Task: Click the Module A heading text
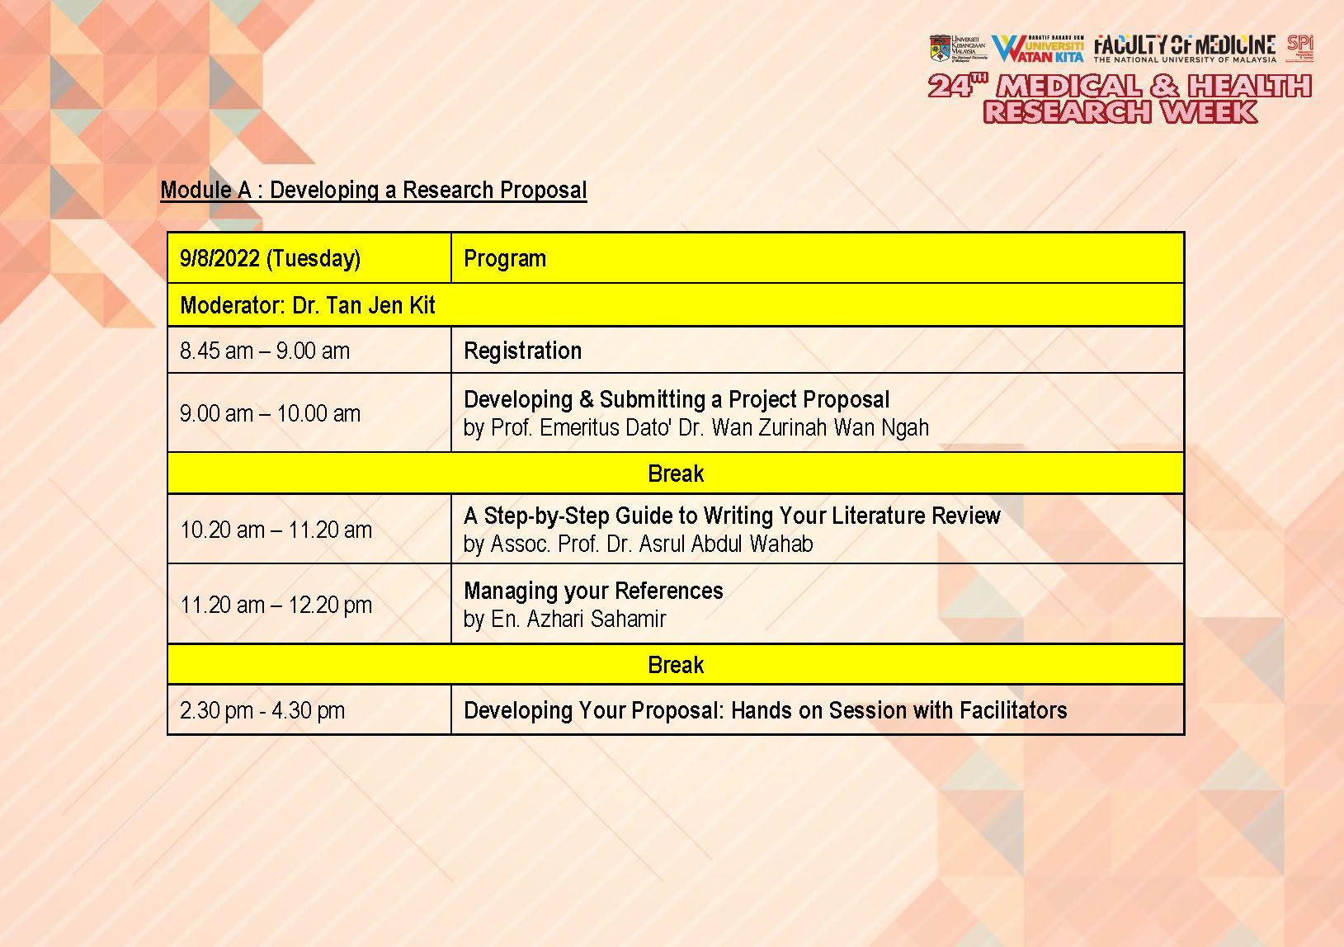(373, 191)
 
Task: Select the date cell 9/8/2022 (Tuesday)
(270, 259)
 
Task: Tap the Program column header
(504, 259)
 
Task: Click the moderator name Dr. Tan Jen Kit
(364, 306)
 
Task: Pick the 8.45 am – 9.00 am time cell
(265, 351)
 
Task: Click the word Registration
(522, 351)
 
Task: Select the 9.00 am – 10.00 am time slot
(270, 414)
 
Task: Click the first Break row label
(676, 474)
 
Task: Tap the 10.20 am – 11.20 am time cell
(276, 530)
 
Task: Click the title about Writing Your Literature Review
(732, 516)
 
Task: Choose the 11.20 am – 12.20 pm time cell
(276, 605)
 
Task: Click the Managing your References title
(593, 591)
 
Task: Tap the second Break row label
(676, 666)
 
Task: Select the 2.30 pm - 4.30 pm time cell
(262, 711)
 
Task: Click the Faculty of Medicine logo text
(1184, 47)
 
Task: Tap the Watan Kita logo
(1037, 49)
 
